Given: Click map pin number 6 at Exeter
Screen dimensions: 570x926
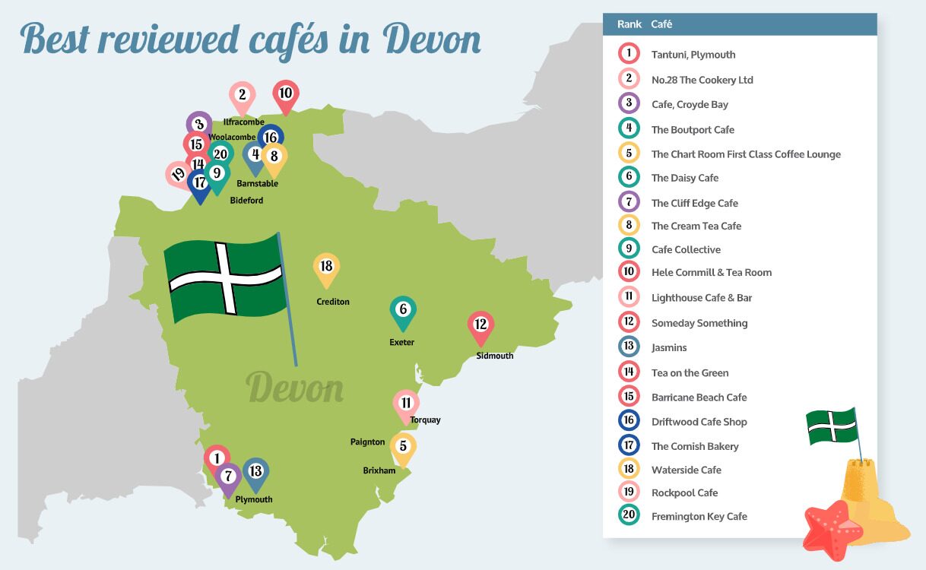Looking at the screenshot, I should pos(403,311).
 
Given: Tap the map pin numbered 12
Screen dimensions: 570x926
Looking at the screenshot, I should pos(480,325).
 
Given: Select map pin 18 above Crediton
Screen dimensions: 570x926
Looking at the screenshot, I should pos(326,268).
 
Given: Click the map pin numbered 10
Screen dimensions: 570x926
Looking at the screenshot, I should pos(286,95).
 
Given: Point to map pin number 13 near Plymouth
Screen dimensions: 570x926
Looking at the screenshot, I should pos(256,472).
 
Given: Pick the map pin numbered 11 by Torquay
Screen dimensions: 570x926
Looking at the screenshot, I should pos(406,404).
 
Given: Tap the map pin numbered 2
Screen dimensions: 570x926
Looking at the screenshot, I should pos(242,97).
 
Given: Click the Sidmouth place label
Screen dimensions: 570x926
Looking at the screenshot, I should pos(494,356).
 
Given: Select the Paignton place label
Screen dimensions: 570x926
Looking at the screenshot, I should pos(367,442).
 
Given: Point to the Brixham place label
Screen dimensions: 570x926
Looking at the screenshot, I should pos(379,471).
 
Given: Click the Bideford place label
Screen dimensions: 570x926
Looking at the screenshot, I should pos(246,201).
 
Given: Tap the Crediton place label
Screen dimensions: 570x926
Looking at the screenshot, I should pos(333,302).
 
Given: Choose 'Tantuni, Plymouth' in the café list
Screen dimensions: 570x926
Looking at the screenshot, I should pos(693,55).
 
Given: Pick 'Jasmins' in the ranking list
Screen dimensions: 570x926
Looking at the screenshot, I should pos(668,348).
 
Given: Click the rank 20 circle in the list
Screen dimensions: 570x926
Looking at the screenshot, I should pos(629,516).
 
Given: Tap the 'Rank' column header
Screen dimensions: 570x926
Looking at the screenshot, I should pos(629,24).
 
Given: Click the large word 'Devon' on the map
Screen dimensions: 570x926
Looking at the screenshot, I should pos(295,389).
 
